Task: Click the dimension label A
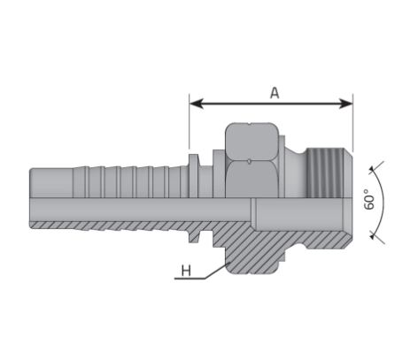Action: (x=275, y=93)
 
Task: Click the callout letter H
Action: (x=186, y=271)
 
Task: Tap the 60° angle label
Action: (x=369, y=199)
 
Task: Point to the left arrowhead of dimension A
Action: (x=197, y=103)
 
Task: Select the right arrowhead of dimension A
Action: (x=346, y=103)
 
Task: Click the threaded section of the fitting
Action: (x=325, y=172)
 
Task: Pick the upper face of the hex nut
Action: (x=251, y=142)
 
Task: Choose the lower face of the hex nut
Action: (x=251, y=179)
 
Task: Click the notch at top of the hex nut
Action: (x=250, y=124)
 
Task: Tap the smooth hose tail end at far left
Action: (x=51, y=182)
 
